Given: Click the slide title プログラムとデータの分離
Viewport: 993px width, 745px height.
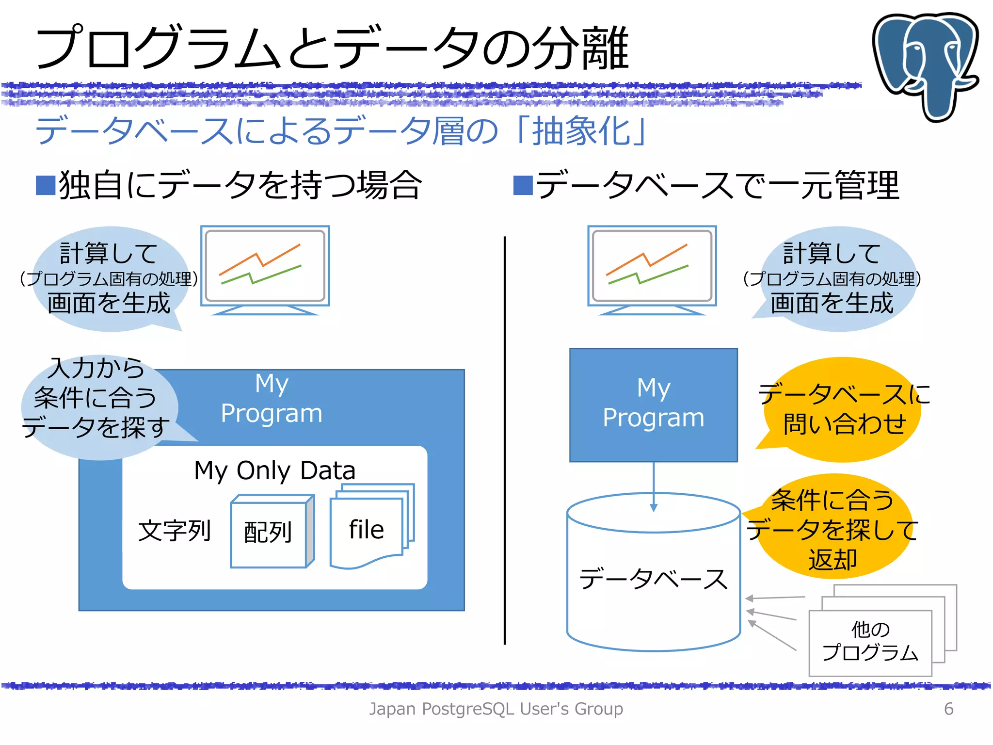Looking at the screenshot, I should point(332,49).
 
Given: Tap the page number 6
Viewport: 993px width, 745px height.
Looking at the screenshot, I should point(948,709).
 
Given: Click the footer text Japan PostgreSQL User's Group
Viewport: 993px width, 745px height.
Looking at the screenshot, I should point(496,709).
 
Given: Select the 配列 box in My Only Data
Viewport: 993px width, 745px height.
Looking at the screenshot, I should point(269,533).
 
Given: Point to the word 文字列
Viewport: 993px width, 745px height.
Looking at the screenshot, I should point(175,530).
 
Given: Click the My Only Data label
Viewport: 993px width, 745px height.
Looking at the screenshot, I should point(274,470).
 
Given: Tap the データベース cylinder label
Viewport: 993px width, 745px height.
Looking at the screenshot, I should point(653,579).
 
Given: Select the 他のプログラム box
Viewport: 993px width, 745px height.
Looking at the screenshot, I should point(870,642).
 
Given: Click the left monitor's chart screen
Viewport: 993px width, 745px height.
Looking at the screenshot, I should point(265,265).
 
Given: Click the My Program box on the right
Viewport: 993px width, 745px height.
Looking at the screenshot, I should point(653,405).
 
